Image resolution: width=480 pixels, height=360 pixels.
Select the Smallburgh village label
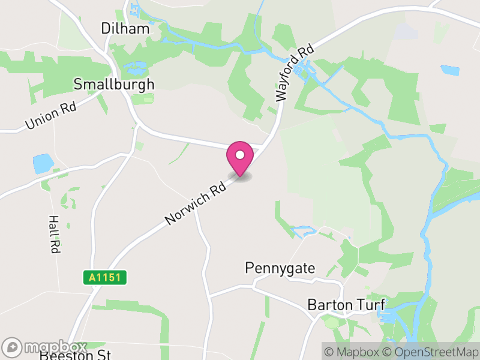coord(113,84)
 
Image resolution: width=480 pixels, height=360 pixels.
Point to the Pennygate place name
coord(280,268)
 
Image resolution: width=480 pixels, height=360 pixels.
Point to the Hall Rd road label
coord(54,234)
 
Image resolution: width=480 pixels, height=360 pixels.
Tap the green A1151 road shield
coord(104,277)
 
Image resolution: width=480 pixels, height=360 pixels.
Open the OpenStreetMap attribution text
coord(433,352)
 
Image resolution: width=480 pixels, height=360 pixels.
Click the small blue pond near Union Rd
coord(43,163)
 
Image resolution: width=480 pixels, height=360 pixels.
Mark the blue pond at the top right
coord(449,70)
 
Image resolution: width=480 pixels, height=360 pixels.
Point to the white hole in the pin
coord(240,154)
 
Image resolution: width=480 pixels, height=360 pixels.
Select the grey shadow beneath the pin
coord(241,176)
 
